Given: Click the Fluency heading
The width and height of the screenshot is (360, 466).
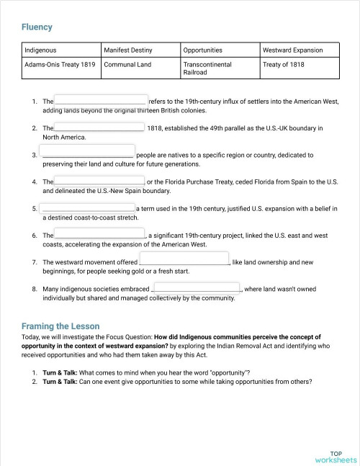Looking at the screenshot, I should pos(37,27).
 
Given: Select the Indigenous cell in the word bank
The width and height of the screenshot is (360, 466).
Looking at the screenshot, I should pos(40,50).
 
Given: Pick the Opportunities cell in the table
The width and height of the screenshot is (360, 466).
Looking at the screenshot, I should pos(203,50).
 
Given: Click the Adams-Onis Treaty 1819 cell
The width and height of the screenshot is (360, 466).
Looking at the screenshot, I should pos(60,64).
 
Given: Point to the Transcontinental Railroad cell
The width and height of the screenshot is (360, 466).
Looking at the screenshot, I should pos(207,68).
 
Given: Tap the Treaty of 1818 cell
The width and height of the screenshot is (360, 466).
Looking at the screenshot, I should pos(284,64).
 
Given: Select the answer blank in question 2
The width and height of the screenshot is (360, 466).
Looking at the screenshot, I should pos(99,127).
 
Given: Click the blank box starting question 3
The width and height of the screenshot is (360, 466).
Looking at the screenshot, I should pos(88,153).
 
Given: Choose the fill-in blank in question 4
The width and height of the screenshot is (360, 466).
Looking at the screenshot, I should pos(99,181).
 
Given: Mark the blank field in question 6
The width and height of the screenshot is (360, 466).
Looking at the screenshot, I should pos(99,234).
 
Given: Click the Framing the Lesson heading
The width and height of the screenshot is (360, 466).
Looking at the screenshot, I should pos(60,326).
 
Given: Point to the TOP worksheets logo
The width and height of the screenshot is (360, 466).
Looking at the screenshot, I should pos(336,456).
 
